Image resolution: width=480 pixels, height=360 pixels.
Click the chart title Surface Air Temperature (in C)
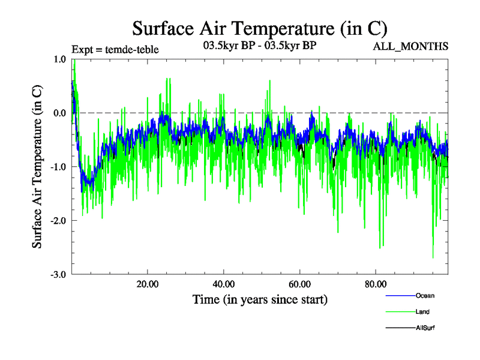pyautogui.click(x=259, y=28)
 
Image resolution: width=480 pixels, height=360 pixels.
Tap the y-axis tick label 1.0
pyautogui.click(x=60, y=59)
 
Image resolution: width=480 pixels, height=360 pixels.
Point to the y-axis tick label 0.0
pyautogui.click(x=60, y=113)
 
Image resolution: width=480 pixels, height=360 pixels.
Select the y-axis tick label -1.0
pyautogui.click(x=59, y=167)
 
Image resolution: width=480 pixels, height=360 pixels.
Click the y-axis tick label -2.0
pyautogui.click(x=59, y=221)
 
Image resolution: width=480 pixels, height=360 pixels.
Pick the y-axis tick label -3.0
pyautogui.click(x=59, y=275)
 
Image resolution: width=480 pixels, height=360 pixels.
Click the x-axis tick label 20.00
pyautogui.click(x=147, y=284)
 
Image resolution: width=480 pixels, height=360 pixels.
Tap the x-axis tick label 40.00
pyautogui.click(x=223, y=284)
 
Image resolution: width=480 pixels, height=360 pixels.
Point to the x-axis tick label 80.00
pyautogui.click(x=375, y=284)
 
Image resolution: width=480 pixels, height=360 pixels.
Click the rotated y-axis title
pyautogui.click(x=37, y=167)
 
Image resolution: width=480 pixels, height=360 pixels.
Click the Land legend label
pyautogui.click(x=422, y=312)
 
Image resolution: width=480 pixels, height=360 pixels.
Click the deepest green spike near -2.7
pyautogui.click(x=433, y=257)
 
